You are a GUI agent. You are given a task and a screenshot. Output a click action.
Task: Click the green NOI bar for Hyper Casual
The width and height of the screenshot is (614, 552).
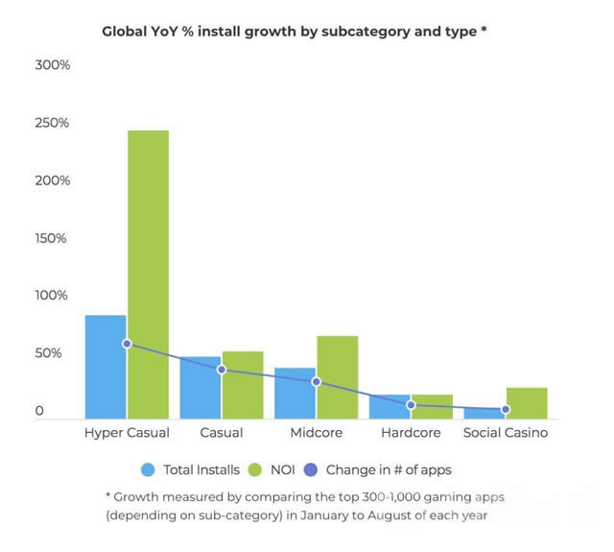click(x=148, y=275)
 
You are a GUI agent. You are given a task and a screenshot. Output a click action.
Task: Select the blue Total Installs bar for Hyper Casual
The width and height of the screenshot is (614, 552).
click(x=106, y=367)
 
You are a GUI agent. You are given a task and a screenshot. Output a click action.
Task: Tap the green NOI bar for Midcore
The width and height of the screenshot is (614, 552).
click(x=337, y=377)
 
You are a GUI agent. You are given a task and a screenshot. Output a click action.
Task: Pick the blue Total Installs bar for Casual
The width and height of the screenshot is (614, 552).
click(x=200, y=388)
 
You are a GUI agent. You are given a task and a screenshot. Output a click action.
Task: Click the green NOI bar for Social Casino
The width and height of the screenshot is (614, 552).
click(x=527, y=403)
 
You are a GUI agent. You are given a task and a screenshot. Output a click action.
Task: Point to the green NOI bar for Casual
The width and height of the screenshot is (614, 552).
click(x=242, y=385)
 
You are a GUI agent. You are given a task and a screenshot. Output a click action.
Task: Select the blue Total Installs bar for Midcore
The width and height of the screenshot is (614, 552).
click(x=295, y=394)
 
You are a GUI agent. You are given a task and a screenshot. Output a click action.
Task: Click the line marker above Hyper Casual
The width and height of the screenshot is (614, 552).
click(x=127, y=344)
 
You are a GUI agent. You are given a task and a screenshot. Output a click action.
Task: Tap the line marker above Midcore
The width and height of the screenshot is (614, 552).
click(x=316, y=382)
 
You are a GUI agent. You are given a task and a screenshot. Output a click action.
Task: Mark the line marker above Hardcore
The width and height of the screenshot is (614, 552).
click(x=411, y=405)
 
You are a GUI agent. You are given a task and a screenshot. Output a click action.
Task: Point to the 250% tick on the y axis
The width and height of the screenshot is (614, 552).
click(x=52, y=123)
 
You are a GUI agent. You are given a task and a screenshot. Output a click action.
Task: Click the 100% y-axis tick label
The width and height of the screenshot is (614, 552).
click(x=52, y=296)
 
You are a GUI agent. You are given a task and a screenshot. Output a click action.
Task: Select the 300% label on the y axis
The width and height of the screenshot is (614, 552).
click(x=52, y=65)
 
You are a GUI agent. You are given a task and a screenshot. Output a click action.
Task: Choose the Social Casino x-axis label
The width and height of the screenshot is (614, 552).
click(x=506, y=433)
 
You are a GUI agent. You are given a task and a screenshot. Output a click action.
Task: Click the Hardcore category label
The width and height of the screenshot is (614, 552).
click(x=411, y=433)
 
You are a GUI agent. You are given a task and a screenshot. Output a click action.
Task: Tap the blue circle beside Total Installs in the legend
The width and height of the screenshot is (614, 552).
click(x=148, y=470)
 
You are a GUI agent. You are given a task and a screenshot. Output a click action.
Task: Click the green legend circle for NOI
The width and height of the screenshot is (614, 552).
click(x=255, y=470)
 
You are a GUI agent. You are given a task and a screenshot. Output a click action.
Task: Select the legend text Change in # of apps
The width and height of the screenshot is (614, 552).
click(x=389, y=470)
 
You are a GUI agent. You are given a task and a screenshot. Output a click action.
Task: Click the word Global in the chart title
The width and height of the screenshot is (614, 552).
click(x=127, y=31)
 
